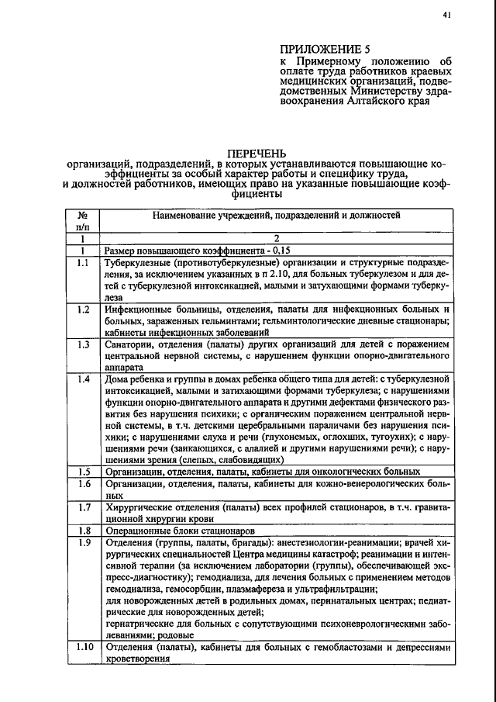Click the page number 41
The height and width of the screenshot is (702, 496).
(446, 14)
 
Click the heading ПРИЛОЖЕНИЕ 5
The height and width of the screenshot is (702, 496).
(325, 48)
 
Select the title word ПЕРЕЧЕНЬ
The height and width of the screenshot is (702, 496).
(257, 153)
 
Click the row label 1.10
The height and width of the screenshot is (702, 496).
(84, 647)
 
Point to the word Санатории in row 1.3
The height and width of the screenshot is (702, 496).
(131, 344)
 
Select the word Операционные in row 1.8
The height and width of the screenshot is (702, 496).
(138, 531)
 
